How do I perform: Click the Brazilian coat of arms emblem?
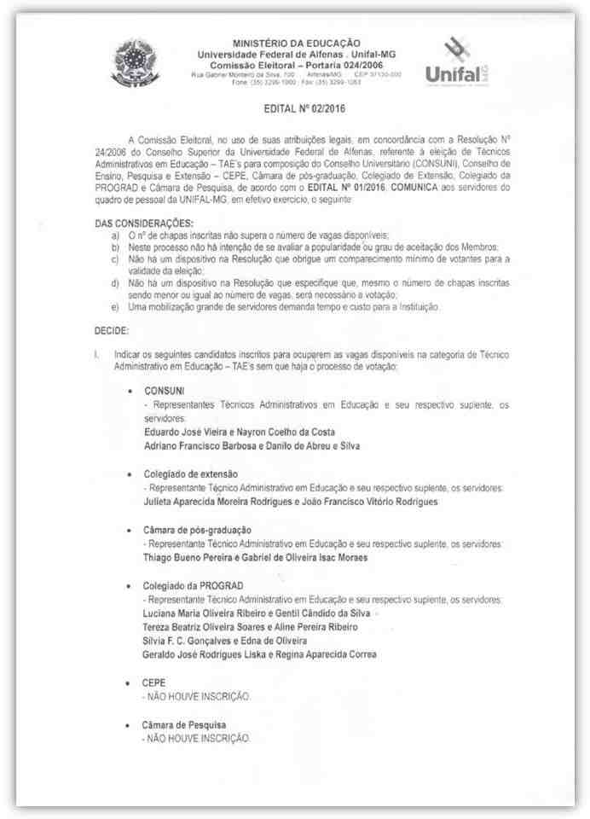(x=134, y=61)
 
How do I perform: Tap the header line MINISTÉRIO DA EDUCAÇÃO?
(x=297, y=43)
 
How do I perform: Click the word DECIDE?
(x=111, y=328)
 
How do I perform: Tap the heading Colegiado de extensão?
(x=190, y=473)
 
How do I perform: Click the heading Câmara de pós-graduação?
(x=197, y=530)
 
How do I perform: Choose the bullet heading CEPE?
(x=155, y=682)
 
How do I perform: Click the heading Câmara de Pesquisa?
(x=184, y=724)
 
